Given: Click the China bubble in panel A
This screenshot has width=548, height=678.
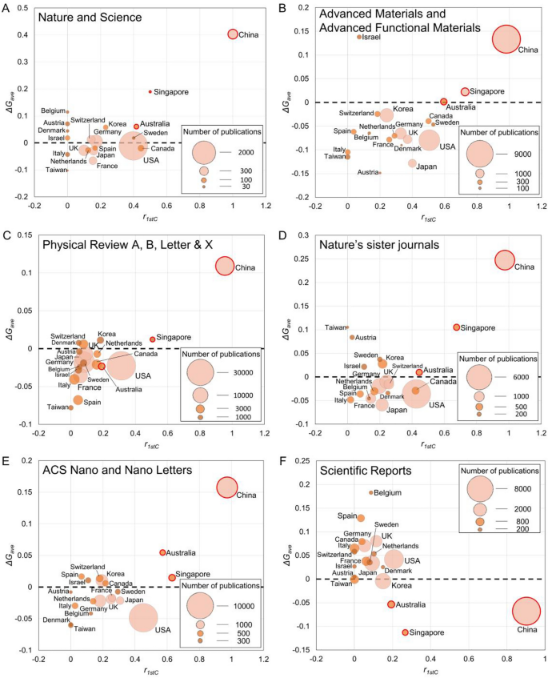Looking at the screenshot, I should pos(233,34).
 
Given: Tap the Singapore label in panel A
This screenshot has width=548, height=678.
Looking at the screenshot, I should pos(170,91).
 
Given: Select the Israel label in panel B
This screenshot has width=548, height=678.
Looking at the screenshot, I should pos(370,37).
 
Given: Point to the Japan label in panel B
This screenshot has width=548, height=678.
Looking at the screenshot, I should pos(426,166).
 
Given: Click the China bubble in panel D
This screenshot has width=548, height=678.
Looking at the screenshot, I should pos(504,260).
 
